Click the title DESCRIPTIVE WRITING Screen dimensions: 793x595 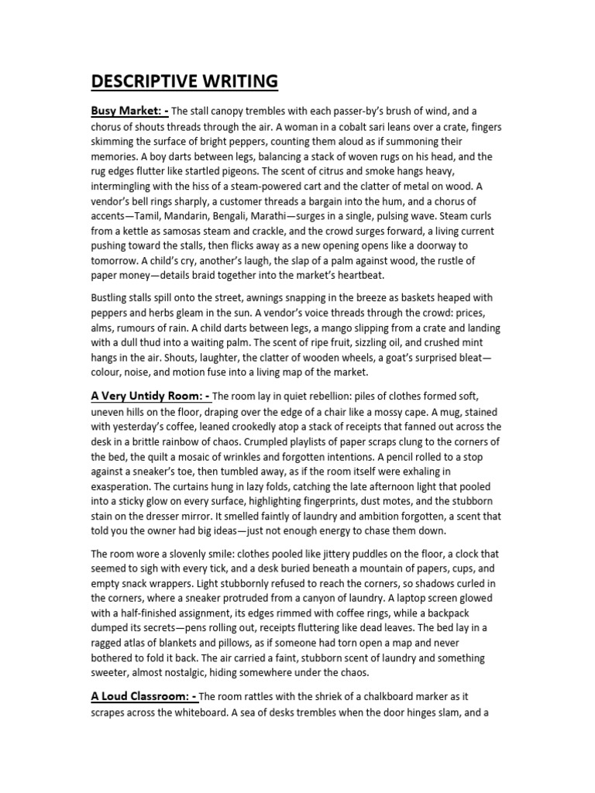pyautogui.click(x=185, y=81)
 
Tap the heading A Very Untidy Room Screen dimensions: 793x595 pyautogui.click(x=149, y=396)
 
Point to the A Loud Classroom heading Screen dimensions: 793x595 pyautogui.click(x=143, y=695)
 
